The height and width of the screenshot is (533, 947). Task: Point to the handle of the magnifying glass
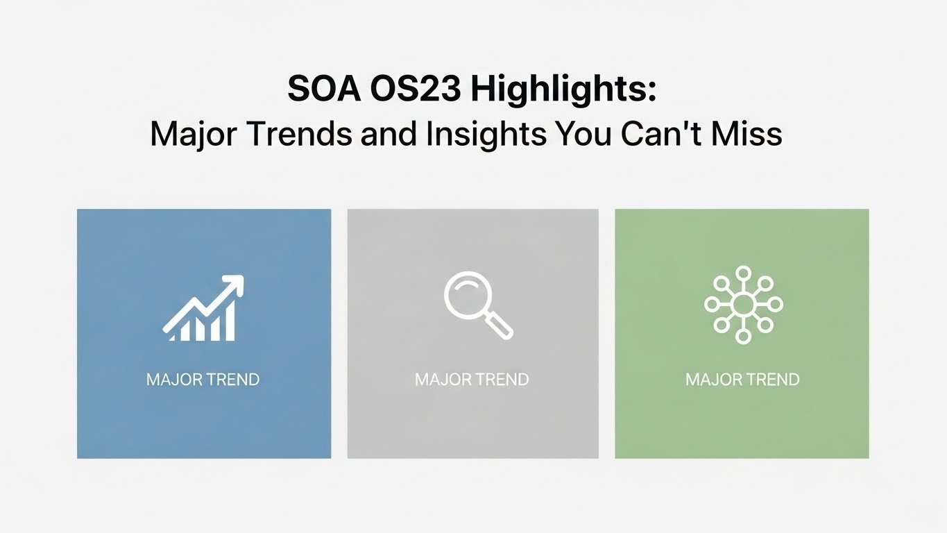click(500, 326)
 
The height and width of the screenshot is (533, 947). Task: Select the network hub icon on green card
click(742, 304)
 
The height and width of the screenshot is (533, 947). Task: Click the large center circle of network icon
click(742, 304)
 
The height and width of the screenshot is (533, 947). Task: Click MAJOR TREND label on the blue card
click(203, 380)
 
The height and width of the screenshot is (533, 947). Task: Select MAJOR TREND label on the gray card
click(472, 380)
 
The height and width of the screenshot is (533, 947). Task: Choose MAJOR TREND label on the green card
click(742, 380)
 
